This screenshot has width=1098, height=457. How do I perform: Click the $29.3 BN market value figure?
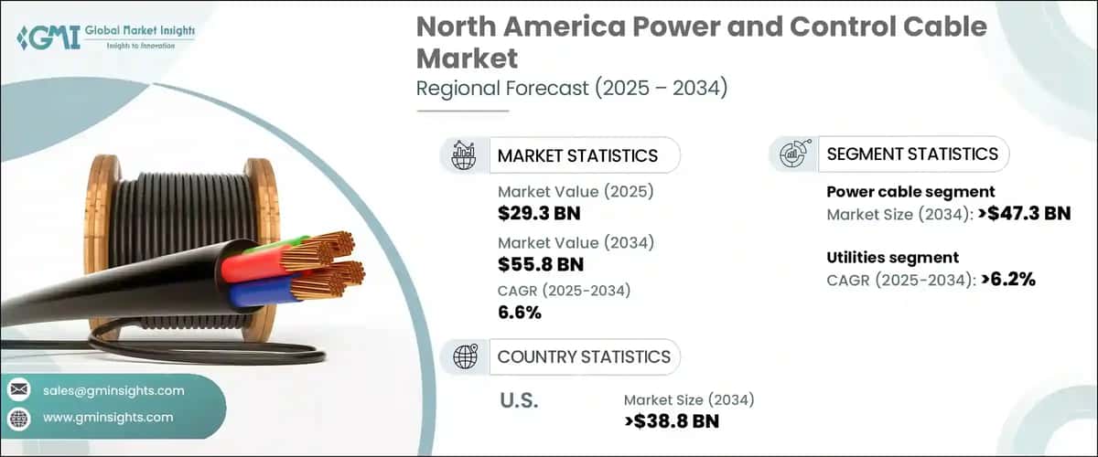539,215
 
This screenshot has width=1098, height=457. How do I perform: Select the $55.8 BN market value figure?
541,265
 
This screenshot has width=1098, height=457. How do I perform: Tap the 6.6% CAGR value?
520,314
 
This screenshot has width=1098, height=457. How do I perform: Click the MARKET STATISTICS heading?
577,155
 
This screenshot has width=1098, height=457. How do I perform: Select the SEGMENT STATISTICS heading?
912,154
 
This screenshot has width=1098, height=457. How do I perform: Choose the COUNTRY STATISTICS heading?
584,356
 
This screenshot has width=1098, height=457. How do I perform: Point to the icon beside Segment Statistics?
792,154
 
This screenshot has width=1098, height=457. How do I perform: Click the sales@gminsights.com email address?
113,390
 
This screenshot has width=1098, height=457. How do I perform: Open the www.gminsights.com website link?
108,418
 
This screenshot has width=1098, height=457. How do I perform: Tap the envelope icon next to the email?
18,390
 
